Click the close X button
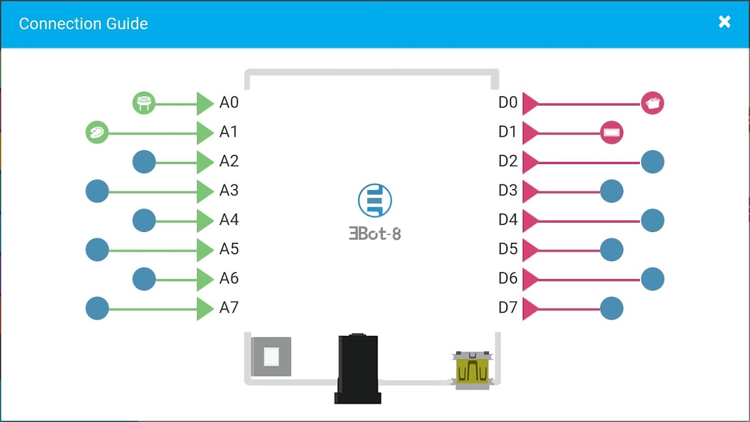[725, 22]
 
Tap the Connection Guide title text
[83, 24]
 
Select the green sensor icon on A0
[143, 103]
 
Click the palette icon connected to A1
[97, 132]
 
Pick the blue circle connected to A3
[97, 191]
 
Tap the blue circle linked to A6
[144, 279]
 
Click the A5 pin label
[229, 248]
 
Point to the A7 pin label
[229, 307]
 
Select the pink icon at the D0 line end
[652, 103]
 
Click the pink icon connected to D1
[612, 132]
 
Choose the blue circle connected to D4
[652, 220]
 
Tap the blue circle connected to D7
[612, 309]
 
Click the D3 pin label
[508, 190]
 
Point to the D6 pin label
[508, 278]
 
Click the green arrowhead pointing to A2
[205, 162]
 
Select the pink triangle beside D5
[530, 250]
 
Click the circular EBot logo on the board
[374, 201]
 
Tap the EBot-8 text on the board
[375, 234]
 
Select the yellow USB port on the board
[473, 371]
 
